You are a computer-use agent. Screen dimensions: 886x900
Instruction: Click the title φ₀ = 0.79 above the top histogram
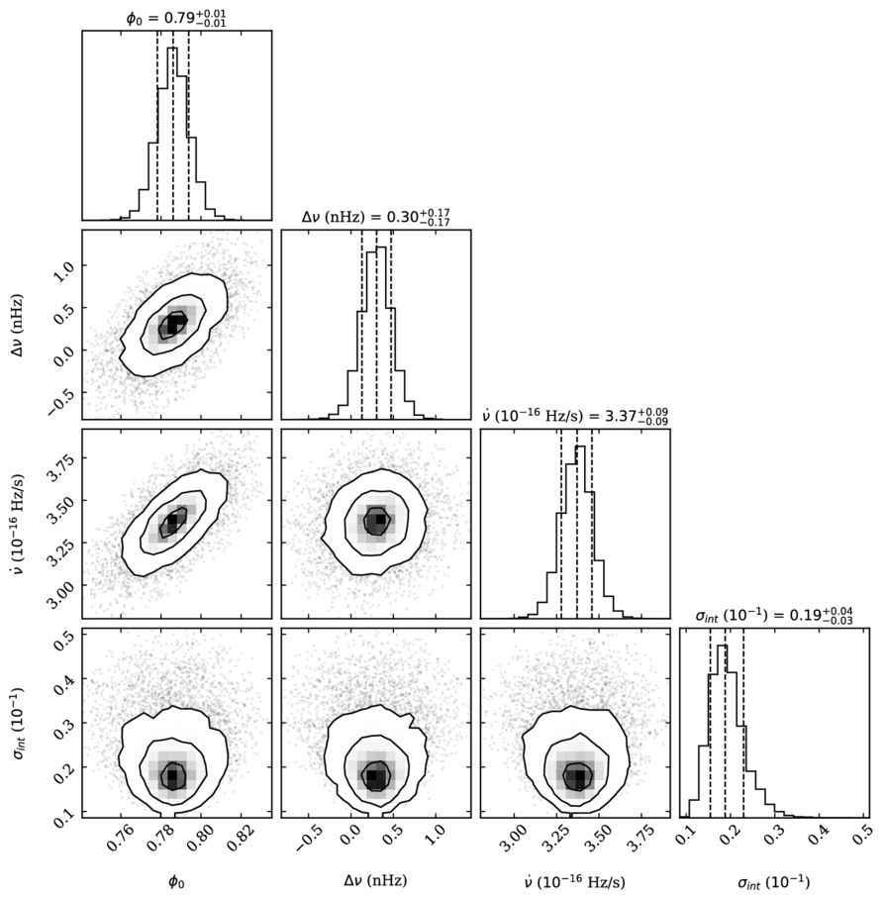click(176, 18)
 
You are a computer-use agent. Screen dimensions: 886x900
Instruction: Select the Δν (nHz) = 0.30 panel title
click(376, 217)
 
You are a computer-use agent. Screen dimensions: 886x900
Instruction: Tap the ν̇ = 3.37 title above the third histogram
click(574, 416)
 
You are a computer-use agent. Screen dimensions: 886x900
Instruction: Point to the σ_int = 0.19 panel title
click(774, 615)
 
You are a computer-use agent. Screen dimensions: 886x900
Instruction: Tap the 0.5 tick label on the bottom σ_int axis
click(860, 835)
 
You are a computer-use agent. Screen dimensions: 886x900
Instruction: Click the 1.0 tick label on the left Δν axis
click(63, 269)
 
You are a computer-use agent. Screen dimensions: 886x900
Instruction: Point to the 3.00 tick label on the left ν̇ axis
click(58, 589)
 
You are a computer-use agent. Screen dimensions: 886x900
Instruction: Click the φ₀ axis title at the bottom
click(176, 881)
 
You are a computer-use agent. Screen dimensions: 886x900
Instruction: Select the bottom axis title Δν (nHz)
click(376, 880)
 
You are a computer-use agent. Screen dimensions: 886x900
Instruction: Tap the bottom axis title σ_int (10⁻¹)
click(773, 881)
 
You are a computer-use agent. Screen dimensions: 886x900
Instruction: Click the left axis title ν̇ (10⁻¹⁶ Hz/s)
click(18, 524)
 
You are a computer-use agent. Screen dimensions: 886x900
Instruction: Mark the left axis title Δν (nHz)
click(18, 325)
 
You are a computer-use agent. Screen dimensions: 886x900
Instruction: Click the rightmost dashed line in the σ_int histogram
click(743, 723)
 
